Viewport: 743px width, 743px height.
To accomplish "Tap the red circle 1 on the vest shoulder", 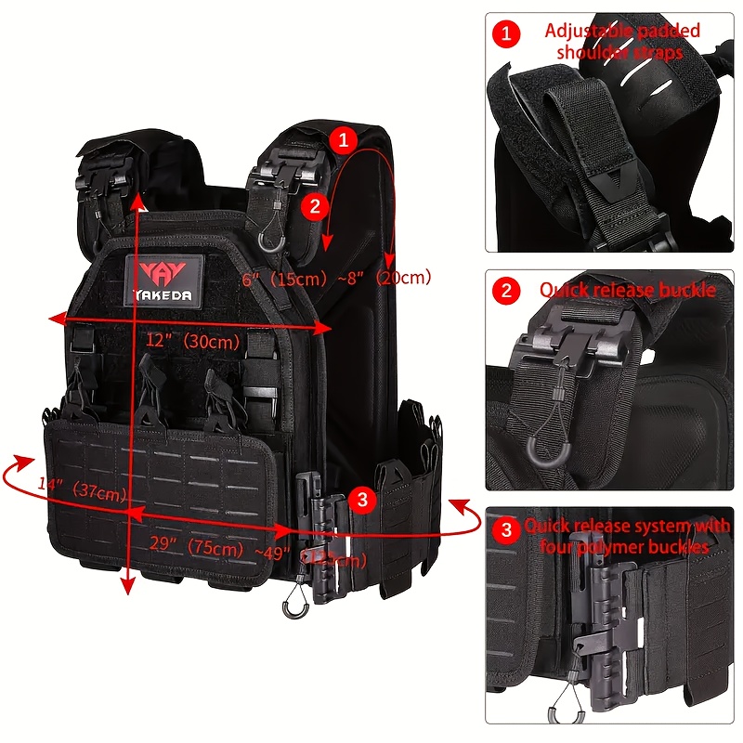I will point(343,141).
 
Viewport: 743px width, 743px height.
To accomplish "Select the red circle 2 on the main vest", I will point(315,205).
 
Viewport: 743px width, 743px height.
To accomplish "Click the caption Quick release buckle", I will point(628,290).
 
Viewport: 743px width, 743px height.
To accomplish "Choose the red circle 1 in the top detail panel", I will point(505,34).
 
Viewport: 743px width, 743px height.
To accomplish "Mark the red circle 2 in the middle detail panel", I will point(505,291).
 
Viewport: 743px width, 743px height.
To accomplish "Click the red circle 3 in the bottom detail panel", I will point(505,530).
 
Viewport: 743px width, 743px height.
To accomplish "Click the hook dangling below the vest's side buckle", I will point(295,605).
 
